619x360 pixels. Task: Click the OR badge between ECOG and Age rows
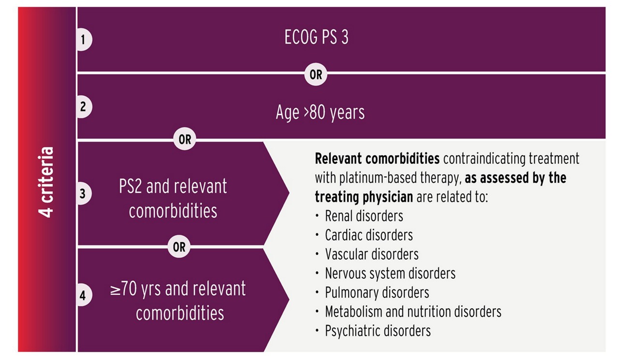pos(316,74)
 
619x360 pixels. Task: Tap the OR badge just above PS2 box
pos(185,139)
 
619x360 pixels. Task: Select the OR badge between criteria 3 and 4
pos(179,246)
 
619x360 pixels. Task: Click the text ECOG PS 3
pos(316,37)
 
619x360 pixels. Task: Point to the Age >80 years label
pos(320,113)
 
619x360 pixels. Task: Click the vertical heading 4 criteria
pos(45,182)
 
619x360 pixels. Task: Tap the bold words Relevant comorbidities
pos(377,158)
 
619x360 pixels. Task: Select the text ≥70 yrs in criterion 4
pos(135,289)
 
